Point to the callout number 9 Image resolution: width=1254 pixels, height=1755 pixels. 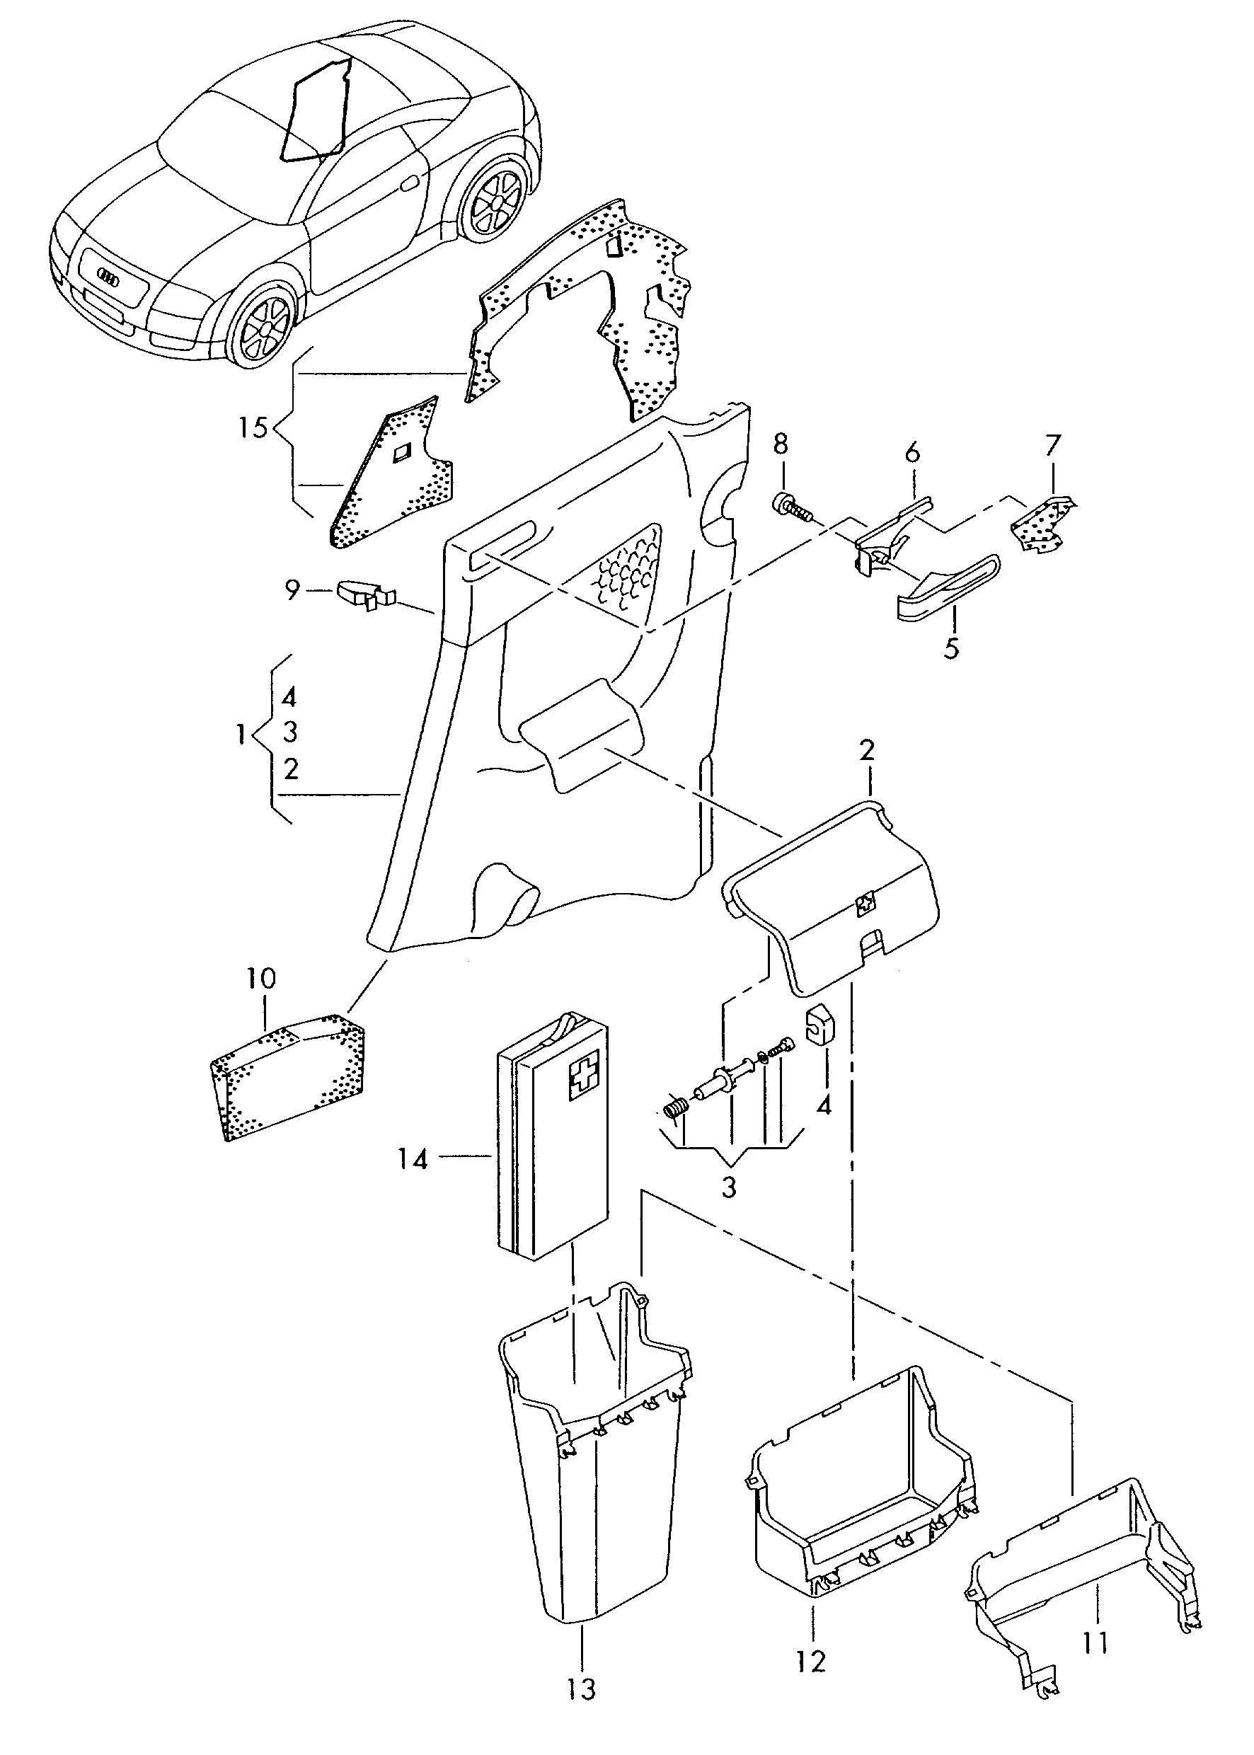tap(292, 591)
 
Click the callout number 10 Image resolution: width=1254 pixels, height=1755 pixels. tap(261, 979)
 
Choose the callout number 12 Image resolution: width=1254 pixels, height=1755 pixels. tap(811, 1661)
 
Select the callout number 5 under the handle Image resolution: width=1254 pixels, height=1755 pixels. tap(950, 647)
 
